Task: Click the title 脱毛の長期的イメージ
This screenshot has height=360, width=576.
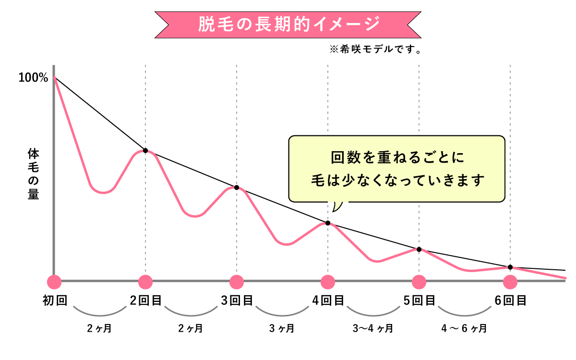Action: [x=288, y=24]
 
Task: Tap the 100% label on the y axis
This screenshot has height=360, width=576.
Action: [x=33, y=78]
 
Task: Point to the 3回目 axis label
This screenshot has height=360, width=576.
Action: [x=237, y=301]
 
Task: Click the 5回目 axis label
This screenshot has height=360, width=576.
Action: [x=419, y=301]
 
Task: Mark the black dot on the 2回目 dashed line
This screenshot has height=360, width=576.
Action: [x=145, y=150]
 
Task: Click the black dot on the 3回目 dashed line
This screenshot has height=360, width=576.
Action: [x=237, y=187]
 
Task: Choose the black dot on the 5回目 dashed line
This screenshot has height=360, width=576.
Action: [x=419, y=249]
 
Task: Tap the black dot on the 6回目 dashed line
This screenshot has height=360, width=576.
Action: [x=510, y=267]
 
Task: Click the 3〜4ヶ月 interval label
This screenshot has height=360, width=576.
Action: [x=373, y=329]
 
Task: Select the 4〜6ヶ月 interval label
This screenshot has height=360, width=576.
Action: [x=464, y=329]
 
